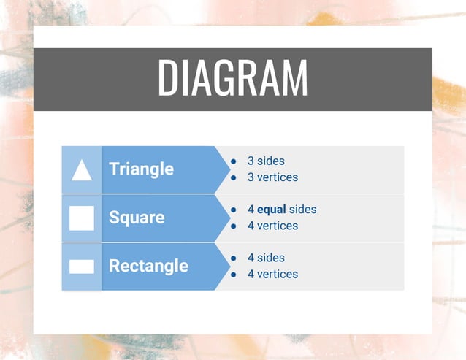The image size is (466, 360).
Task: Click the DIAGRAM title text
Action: [232, 78]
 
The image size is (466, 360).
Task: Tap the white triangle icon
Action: [82, 170]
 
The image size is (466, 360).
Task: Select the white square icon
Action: [82, 218]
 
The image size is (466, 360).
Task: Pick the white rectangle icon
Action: [82, 267]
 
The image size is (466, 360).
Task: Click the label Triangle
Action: [141, 169]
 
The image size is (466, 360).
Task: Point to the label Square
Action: [137, 218]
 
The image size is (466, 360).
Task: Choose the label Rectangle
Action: [148, 266]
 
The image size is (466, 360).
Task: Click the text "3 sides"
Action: [266, 161]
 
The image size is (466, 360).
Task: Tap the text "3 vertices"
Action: [272, 177]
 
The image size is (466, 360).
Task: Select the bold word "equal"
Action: [272, 210]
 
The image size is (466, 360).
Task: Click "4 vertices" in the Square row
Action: [272, 226]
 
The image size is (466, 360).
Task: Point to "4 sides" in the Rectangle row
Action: [266, 258]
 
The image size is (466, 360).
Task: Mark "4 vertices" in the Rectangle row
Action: [272, 274]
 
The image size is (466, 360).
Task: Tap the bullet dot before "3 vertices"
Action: [233, 177]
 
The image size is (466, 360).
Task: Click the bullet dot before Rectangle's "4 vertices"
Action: [233, 275]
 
